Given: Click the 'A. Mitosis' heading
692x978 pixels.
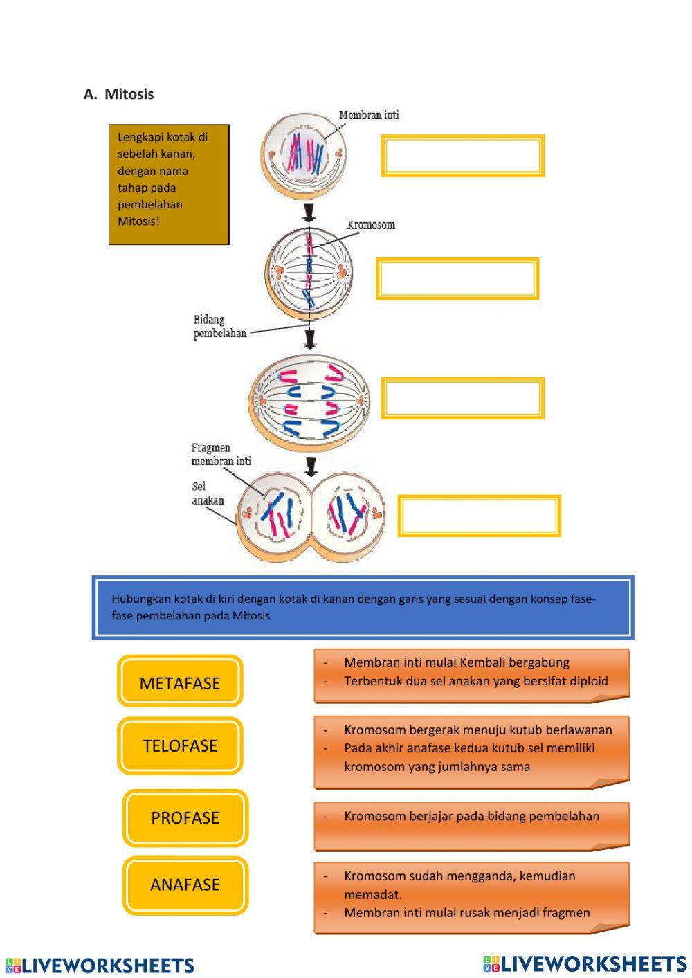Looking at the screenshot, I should (x=118, y=94).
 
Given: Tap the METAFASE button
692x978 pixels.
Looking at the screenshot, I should (x=180, y=682).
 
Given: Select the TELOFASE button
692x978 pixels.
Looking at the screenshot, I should (x=180, y=745).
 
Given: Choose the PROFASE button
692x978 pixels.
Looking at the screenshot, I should (x=185, y=817).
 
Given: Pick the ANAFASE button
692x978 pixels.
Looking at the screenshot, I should (x=185, y=885).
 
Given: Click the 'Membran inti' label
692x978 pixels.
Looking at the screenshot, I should (x=369, y=115).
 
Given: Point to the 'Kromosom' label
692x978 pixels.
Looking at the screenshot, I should (x=371, y=225).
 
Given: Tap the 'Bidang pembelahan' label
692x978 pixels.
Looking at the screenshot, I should (x=219, y=326).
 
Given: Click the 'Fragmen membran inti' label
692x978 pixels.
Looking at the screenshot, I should (x=221, y=454).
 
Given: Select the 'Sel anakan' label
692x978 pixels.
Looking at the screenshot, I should (x=208, y=493).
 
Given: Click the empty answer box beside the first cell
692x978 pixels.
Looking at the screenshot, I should (x=462, y=156).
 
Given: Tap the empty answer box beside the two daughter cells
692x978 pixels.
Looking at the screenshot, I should (x=479, y=516).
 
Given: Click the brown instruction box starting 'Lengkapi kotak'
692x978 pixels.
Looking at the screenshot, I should (x=169, y=184).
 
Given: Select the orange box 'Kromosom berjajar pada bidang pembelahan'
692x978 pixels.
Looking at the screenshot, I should (x=471, y=825).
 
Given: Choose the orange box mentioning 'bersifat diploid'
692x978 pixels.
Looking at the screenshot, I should (x=471, y=674).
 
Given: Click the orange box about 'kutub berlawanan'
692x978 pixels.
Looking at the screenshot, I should (x=471, y=751).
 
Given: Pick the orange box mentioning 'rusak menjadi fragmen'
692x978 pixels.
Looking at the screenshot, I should (x=471, y=896).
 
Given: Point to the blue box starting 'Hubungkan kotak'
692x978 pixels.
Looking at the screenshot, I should (x=363, y=607).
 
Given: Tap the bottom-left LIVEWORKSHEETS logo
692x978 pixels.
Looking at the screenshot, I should (x=100, y=966).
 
